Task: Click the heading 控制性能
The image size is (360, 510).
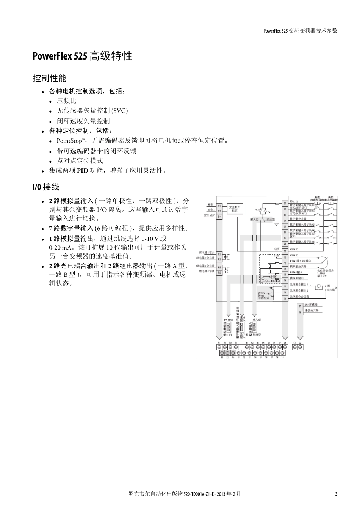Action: tap(49, 78)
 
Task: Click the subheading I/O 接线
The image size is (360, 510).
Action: tap(45, 187)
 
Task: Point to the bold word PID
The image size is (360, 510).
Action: tap(82, 171)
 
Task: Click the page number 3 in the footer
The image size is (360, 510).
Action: tap(336, 494)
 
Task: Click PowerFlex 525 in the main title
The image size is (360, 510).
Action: tap(60, 56)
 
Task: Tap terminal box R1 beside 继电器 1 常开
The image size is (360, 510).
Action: tap(219, 254)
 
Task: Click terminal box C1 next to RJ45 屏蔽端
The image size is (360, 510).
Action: tap(299, 306)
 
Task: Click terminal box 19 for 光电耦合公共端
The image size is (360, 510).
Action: tap(285, 298)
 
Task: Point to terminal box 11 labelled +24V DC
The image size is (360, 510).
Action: tap(285, 251)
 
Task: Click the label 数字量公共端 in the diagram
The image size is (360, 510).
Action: tap(298, 219)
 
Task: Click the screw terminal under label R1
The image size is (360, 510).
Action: tap(219, 347)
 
